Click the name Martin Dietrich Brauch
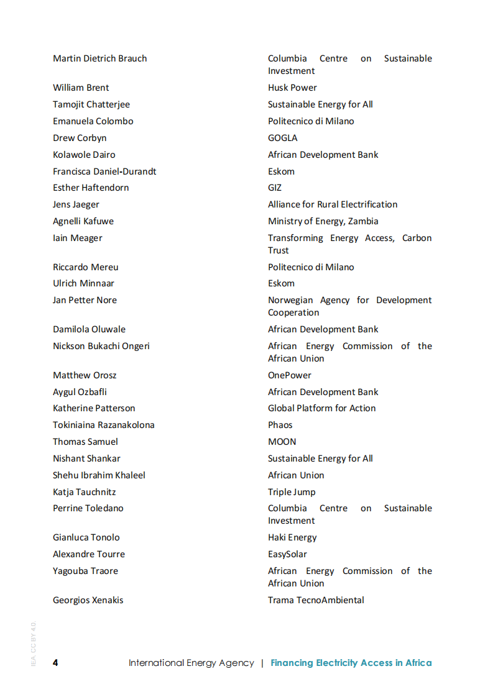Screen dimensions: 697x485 pos(100,58)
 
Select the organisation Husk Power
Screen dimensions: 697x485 pos(292,88)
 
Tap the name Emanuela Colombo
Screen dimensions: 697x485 pos(93,121)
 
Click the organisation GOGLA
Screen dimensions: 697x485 pos(282,138)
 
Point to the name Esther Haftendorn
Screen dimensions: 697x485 pos(91,188)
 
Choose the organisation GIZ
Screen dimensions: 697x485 pos(274,188)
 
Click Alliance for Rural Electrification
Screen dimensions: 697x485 pos(333,204)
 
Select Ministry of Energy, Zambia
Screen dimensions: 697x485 pos(323,221)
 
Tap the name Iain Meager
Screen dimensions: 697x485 pos(78,238)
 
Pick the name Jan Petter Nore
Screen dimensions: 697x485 pos(85,300)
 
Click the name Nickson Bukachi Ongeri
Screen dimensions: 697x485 pos(101,346)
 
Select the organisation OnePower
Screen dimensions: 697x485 pos(289,375)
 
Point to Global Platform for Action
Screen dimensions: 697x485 pos(321,408)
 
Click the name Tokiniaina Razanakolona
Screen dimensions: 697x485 pos(104,425)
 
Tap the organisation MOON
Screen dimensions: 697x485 pos(282,442)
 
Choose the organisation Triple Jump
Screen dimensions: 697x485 pos(292,492)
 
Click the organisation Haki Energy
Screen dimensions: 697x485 pos(292,537)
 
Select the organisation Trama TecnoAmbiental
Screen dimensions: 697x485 pos(316,600)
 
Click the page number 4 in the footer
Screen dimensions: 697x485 pos(55,662)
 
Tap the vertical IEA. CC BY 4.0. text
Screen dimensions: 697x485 pos(34,643)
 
